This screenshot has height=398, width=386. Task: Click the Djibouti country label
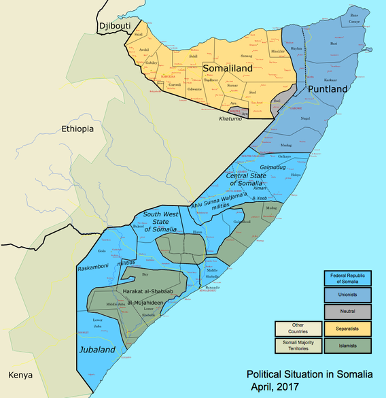coord(113,26)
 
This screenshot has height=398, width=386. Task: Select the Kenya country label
coord(20,375)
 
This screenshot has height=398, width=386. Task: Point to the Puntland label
coord(328,90)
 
